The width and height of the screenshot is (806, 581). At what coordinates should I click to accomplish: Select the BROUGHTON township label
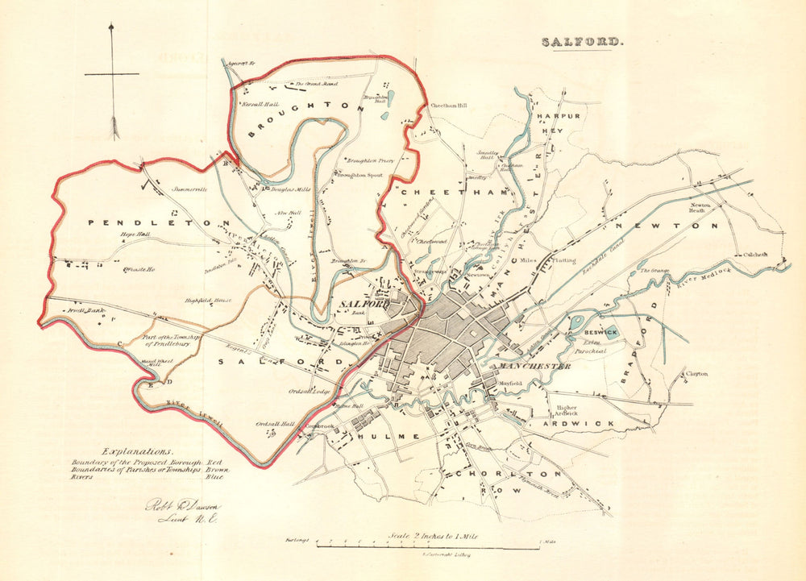[301, 118]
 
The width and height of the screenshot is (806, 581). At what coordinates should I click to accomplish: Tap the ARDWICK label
[578, 423]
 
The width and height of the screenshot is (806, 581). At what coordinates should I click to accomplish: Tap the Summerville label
[190, 189]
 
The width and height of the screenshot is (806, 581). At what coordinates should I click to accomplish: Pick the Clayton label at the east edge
[697, 374]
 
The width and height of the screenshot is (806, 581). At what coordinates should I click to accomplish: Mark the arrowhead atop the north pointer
[112, 29]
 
